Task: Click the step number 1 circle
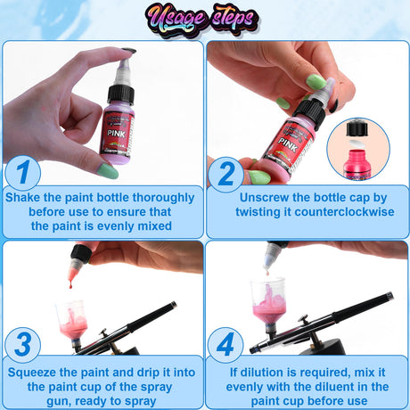tap(23, 173)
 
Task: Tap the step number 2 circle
tap(226, 175)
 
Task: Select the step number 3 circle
tap(23, 345)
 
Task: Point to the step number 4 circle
tap(225, 345)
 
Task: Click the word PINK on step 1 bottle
tap(116, 134)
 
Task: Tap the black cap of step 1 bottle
tap(121, 95)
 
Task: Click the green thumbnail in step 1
tap(108, 171)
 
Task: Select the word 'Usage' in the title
tap(176, 20)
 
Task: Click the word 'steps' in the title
tap(234, 19)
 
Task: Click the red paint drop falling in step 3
tap(70, 285)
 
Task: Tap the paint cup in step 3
tap(72, 320)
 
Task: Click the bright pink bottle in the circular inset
tap(357, 164)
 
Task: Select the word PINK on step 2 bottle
tap(288, 144)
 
